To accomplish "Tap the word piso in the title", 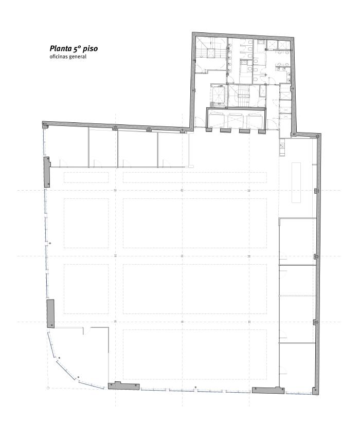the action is pyautogui.click(x=91, y=49).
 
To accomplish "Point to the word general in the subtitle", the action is pyautogui.click(x=78, y=57).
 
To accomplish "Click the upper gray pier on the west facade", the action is pyautogui.click(x=47, y=172).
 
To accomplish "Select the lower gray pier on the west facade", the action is pyautogui.click(x=50, y=314).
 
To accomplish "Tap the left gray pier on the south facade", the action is pyautogui.click(x=124, y=385).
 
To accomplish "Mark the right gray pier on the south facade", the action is pyautogui.click(x=268, y=390).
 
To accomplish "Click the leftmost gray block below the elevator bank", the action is pyautogui.click(x=209, y=130).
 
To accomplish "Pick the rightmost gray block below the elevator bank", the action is pyautogui.click(x=262, y=132).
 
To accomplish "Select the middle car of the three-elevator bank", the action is pyautogui.click(x=235, y=120).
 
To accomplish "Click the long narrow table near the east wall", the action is pyautogui.click(x=296, y=182).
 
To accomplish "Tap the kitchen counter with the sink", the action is pyautogui.click(x=282, y=148).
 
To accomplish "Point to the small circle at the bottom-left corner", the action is pyautogui.click(x=48, y=388).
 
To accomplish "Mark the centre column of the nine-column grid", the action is pyautogui.click(x=182, y=256).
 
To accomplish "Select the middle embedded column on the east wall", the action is pyautogui.click(x=316, y=256).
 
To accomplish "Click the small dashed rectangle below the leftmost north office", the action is pyautogui.click(x=86, y=177).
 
